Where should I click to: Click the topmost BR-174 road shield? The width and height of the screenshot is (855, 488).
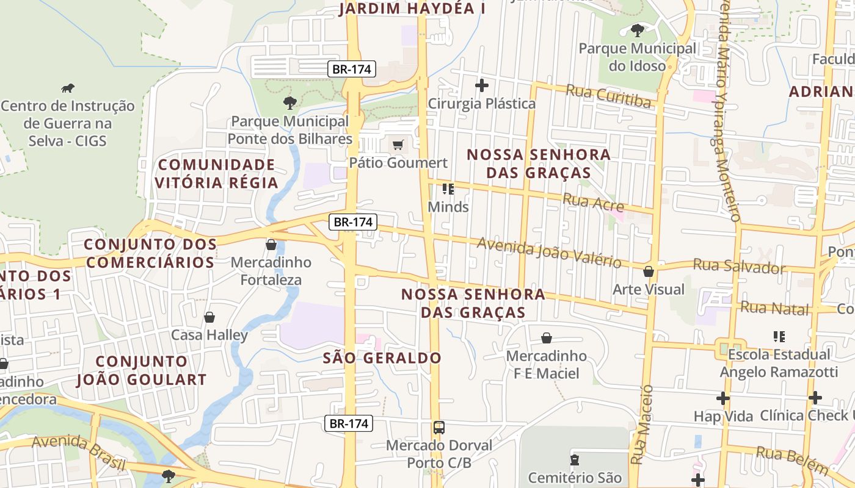pyautogui.click(x=351, y=69)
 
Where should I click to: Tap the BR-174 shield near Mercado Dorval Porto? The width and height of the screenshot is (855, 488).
pyautogui.click(x=348, y=423)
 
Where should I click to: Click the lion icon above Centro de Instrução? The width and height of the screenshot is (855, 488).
pyautogui.click(x=67, y=88)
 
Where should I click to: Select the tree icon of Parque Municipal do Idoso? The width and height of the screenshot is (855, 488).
pyautogui.click(x=638, y=30)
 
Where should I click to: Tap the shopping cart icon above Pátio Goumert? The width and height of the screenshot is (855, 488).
pyautogui.click(x=398, y=145)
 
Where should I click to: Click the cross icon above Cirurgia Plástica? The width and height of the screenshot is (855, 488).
pyautogui.click(x=482, y=85)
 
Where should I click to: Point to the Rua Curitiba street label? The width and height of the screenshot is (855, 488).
pyautogui.click(x=608, y=96)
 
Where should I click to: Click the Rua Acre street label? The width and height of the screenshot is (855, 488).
pyautogui.click(x=593, y=201)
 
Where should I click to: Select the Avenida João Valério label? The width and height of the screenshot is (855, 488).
pyautogui.click(x=549, y=252)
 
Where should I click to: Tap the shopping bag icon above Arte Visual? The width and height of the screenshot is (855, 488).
pyautogui.click(x=649, y=271)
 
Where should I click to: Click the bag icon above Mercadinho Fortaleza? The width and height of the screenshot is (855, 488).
pyautogui.click(x=271, y=245)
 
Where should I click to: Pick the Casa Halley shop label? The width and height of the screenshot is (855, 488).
pyautogui.click(x=209, y=335)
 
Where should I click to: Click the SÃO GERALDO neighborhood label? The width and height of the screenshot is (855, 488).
pyautogui.click(x=382, y=358)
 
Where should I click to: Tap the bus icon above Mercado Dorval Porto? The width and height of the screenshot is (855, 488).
pyautogui.click(x=438, y=428)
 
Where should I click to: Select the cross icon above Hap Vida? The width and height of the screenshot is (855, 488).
pyautogui.click(x=723, y=398)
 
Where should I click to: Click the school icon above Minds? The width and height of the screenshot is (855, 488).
pyautogui.click(x=448, y=189)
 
